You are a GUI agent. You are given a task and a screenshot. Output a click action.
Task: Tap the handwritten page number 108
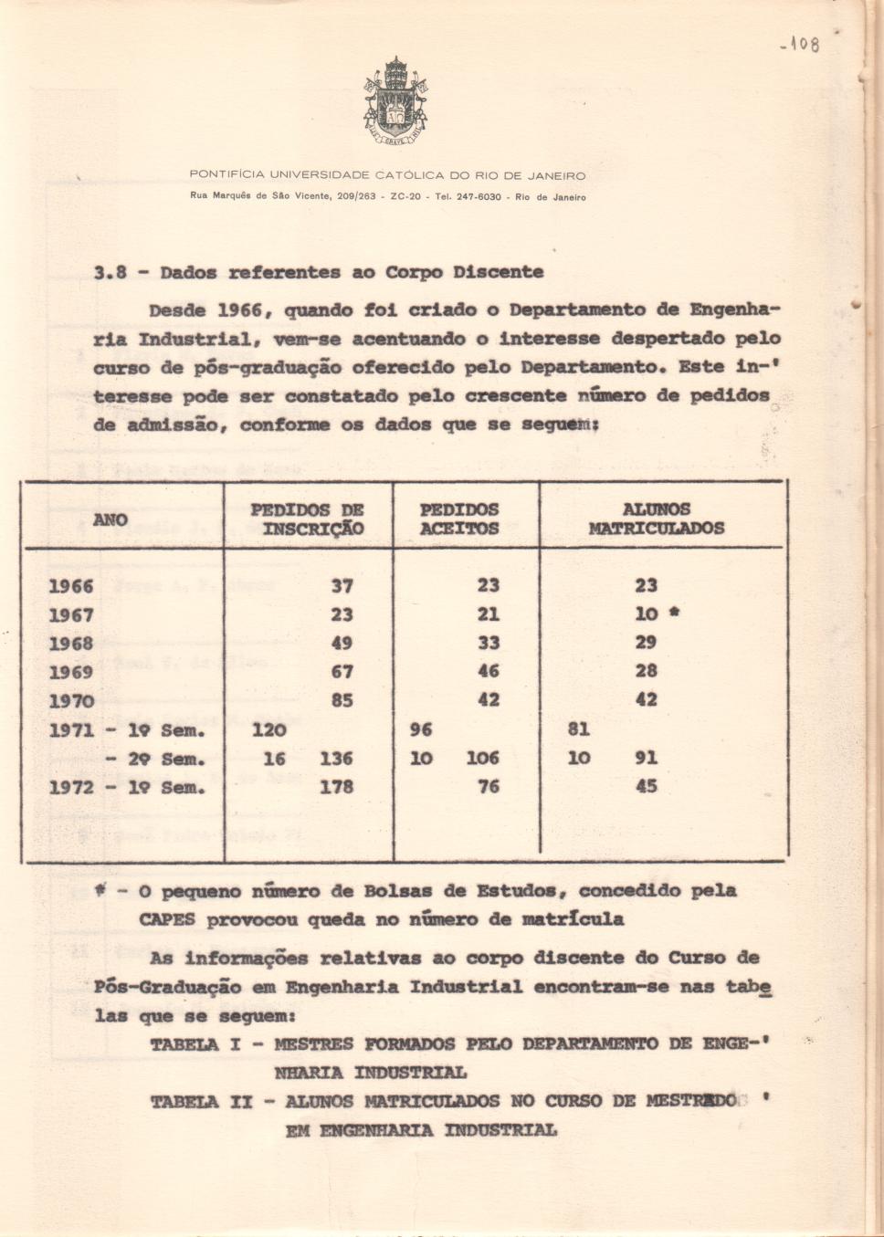[801, 43]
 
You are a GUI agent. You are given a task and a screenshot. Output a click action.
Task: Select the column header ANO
[110, 519]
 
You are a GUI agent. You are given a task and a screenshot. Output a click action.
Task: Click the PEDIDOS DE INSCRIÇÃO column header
[308, 519]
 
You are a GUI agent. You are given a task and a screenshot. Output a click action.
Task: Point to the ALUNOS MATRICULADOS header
[656, 519]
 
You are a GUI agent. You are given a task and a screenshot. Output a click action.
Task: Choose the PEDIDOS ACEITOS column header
[459, 519]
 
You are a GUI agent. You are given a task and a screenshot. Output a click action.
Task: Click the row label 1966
[71, 586]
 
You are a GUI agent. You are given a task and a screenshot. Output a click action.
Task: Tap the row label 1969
[71, 672]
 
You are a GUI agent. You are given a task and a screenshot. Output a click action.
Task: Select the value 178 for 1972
[336, 787]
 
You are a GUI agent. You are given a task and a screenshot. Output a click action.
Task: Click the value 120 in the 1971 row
[269, 729]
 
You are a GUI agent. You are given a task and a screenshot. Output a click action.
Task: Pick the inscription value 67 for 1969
[342, 672]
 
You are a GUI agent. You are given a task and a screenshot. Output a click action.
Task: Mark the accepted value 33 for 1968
[489, 643]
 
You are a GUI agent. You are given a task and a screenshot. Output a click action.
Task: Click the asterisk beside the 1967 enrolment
[673, 613]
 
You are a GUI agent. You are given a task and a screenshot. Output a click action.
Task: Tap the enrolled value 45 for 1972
[646, 786]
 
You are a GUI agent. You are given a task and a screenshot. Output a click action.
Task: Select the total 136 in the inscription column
[336, 758]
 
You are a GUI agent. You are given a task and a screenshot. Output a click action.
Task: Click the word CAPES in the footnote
[167, 919]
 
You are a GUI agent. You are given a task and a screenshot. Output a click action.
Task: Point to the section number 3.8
[110, 272]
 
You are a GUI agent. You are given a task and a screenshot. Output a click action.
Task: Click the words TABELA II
[201, 1102]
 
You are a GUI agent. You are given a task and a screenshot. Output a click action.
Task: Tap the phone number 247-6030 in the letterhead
[479, 197]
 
